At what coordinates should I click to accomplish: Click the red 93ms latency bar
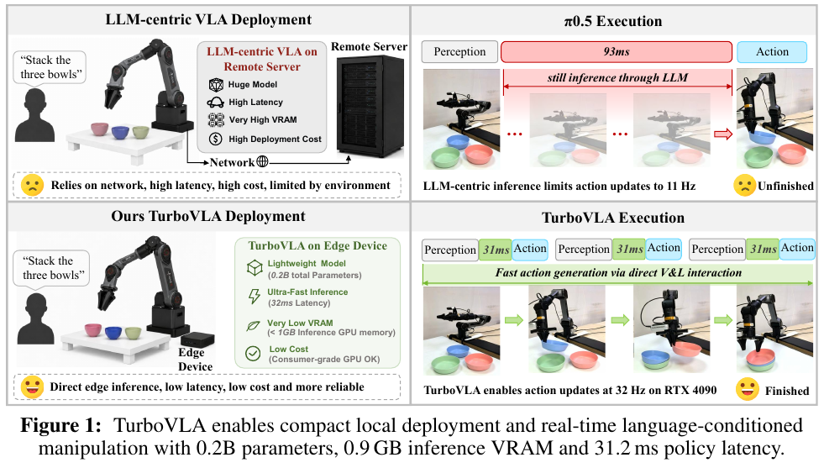click(x=616, y=51)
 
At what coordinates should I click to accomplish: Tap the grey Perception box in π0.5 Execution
click(x=459, y=51)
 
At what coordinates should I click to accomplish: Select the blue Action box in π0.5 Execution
click(x=771, y=51)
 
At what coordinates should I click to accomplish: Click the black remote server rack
click(x=370, y=108)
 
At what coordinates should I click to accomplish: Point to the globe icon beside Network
click(x=262, y=162)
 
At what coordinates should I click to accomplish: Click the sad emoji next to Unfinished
click(x=745, y=185)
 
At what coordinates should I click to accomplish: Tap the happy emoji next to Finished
click(x=748, y=389)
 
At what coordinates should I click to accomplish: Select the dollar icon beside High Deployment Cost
click(x=216, y=139)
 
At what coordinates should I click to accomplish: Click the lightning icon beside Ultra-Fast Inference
click(x=255, y=296)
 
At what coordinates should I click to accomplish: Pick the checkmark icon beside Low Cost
click(x=254, y=354)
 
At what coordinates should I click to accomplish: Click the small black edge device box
click(x=197, y=339)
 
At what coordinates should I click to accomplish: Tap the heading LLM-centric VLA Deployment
click(x=208, y=20)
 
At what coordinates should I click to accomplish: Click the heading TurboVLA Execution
click(x=612, y=218)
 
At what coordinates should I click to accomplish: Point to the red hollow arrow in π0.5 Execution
click(x=723, y=134)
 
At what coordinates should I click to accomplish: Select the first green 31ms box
click(x=495, y=250)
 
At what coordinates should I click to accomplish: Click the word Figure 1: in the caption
click(x=61, y=425)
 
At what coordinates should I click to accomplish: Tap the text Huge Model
click(x=252, y=84)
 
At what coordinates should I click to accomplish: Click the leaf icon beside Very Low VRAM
click(x=254, y=326)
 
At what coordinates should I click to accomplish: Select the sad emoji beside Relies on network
click(x=32, y=185)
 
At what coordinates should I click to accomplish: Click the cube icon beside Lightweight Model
click(x=255, y=268)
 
